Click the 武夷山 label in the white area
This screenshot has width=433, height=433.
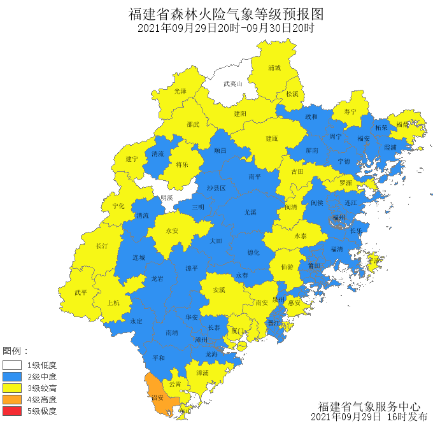233,83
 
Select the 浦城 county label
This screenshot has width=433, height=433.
274,67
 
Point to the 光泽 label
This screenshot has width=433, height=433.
181,92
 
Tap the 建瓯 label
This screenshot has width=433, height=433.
272,138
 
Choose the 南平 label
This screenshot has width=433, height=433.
255,176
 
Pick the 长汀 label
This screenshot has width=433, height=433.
102,246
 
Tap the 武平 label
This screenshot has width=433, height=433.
81,293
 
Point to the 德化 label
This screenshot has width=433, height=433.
253,252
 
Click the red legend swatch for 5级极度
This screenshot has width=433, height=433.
12,411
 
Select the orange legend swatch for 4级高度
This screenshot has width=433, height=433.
12,400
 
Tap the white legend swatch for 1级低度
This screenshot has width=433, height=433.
12,366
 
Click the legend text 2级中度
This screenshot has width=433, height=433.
41,377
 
